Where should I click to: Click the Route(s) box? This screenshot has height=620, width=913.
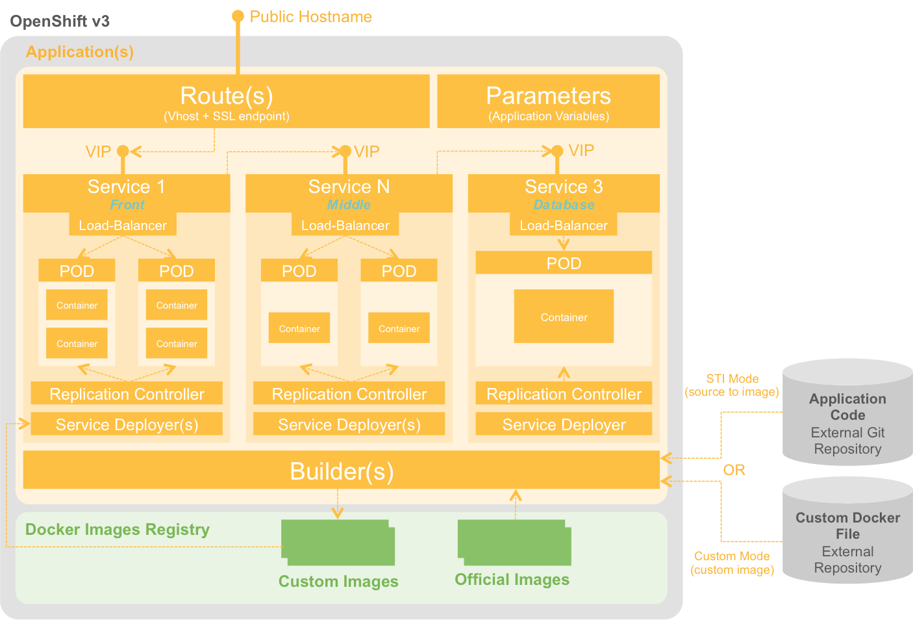[x=226, y=101]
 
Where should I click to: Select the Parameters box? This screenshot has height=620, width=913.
[x=548, y=101]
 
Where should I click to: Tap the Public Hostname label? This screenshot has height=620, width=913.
[x=310, y=17]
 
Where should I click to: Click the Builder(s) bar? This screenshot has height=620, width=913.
[x=342, y=471]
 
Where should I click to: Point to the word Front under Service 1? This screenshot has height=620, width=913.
[x=127, y=205]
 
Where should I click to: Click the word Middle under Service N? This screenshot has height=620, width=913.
[x=349, y=205]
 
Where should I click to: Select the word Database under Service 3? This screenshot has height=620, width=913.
[x=564, y=205]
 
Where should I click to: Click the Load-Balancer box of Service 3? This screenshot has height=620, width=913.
[x=564, y=226]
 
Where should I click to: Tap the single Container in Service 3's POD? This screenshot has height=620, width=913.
[x=564, y=316]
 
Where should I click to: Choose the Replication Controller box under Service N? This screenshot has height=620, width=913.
[x=349, y=394]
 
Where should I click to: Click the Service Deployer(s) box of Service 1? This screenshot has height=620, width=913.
[x=127, y=424]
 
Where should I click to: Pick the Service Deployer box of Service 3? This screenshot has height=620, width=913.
[x=564, y=424]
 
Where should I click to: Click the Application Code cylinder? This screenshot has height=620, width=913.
[x=847, y=416]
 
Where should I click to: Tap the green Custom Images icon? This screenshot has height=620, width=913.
[x=338, y=543]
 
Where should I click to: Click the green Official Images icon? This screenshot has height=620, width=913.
[x=514, y=543]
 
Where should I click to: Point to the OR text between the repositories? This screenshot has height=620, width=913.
[x=734, y=470]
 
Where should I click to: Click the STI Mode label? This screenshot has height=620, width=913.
[x=732, y=379]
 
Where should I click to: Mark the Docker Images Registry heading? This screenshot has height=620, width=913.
[x=118, y=530]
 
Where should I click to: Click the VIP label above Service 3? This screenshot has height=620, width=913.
[x=581, y=151]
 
